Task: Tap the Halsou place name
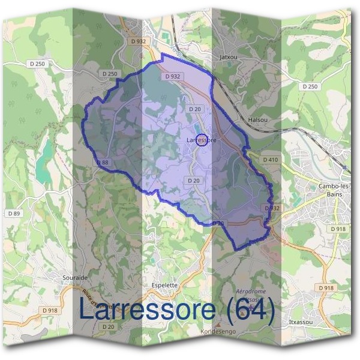257,120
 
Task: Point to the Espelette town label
164,286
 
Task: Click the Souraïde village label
75,278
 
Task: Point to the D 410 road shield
271,160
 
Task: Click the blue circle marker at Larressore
202,139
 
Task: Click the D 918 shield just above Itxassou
326,288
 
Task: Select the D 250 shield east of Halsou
310,87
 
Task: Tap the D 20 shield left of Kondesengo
108,326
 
